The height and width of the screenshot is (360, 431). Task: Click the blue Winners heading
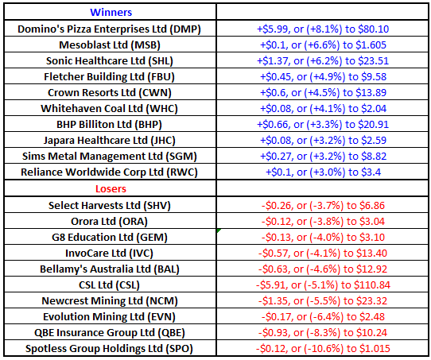(111, 13)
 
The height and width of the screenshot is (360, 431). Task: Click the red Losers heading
(111, 189)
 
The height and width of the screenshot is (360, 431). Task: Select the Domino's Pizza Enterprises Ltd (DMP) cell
(110, 29)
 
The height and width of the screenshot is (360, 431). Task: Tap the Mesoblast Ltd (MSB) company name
(110, 45)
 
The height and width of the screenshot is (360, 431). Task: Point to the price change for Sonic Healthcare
(323, 61)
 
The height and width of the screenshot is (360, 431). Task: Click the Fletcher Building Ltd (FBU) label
(110, 77)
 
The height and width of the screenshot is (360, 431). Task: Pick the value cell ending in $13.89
(323, 93)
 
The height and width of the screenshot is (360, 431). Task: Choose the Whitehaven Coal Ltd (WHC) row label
(110, 109)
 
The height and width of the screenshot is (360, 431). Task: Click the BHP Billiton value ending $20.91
(323, 125)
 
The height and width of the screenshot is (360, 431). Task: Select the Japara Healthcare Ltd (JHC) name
(110, 141)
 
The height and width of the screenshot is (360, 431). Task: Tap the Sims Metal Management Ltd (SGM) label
(110, 157)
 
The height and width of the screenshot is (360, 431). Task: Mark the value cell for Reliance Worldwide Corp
(323, 172)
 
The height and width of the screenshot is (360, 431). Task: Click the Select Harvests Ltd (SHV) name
(110, 206)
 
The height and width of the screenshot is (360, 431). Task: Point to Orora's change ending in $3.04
(323, 222)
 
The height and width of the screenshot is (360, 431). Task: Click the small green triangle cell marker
(219, 230)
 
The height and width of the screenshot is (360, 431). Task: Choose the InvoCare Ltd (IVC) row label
(109, 254)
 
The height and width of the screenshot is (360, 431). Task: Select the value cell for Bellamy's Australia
(323, 269)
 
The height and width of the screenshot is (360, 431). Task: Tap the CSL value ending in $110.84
(323, 285)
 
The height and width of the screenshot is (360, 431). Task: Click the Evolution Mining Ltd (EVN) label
(110, 317)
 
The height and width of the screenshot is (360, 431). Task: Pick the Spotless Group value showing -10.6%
(323, 349)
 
